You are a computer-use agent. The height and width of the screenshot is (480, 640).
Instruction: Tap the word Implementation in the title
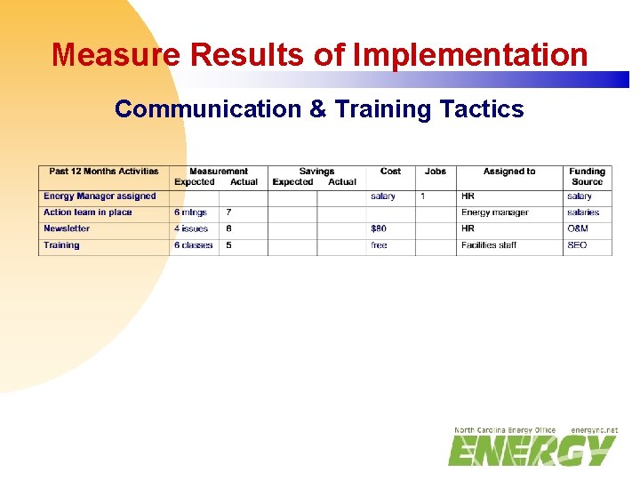pyautogui.click(x=470, y=55)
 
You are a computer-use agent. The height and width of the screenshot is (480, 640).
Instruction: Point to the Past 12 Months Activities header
pyautogui.click(x=104, y=172)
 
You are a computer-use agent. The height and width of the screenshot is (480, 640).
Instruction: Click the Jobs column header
pyautogui.click(x=436, y=172)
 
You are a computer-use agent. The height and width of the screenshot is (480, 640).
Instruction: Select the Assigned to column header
pyautogui.click(x=509, y=172)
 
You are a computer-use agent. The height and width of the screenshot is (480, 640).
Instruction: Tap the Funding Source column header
pyautogui.click(x=587, y=176)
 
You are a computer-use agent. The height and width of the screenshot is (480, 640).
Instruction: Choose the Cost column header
pyautogui.click(x=390, y=172)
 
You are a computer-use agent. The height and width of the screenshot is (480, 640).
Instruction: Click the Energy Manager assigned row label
pyautogui.click(x=100, y=196)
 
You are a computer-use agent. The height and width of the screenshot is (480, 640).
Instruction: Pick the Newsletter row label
pyautogui.click(x=67, y=228)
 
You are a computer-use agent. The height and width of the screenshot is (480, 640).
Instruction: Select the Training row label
pyautogui.click(x=61, y=245)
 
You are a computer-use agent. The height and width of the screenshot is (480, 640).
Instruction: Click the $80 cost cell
pyautogui.click(x=379, y=228)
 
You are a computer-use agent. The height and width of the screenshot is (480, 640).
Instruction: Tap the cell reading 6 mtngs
pyautogui.click(x=190, y=212)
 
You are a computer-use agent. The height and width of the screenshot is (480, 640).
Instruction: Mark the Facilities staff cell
pyautogui.click(x=489, y=245)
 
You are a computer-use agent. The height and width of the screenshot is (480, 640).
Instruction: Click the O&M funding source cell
pyautogui.click(x=578, y=228)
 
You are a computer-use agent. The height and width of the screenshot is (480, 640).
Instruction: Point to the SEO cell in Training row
pyautogui.click(x=577, y=245)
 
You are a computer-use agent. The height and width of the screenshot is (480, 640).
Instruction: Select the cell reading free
pyautogui.click(x=379, y=245)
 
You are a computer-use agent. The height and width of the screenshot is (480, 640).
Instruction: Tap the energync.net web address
pyautogui.click(x=594, y=430)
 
